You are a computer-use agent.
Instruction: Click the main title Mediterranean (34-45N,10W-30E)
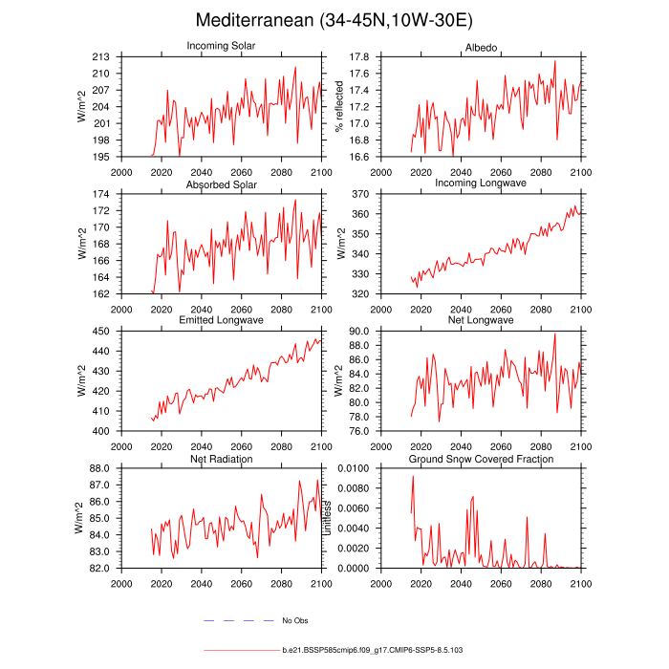point(334,20)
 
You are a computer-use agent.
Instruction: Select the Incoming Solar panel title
point(222,46)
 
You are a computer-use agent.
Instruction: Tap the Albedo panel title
point(481,46)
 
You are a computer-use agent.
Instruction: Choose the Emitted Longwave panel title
point(222,320)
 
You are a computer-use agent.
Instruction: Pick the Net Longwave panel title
point(481,320)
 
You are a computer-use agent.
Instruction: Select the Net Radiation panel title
point(222,459)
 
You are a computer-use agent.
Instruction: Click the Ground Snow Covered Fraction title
point(481,459)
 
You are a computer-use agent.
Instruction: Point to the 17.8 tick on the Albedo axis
point(359,57)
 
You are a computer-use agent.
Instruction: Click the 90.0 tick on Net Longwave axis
point(359,332)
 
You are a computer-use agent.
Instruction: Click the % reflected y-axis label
point(338,107)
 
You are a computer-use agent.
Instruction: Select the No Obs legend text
point(294,620)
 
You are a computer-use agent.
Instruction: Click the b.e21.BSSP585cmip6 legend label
point(373,650)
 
